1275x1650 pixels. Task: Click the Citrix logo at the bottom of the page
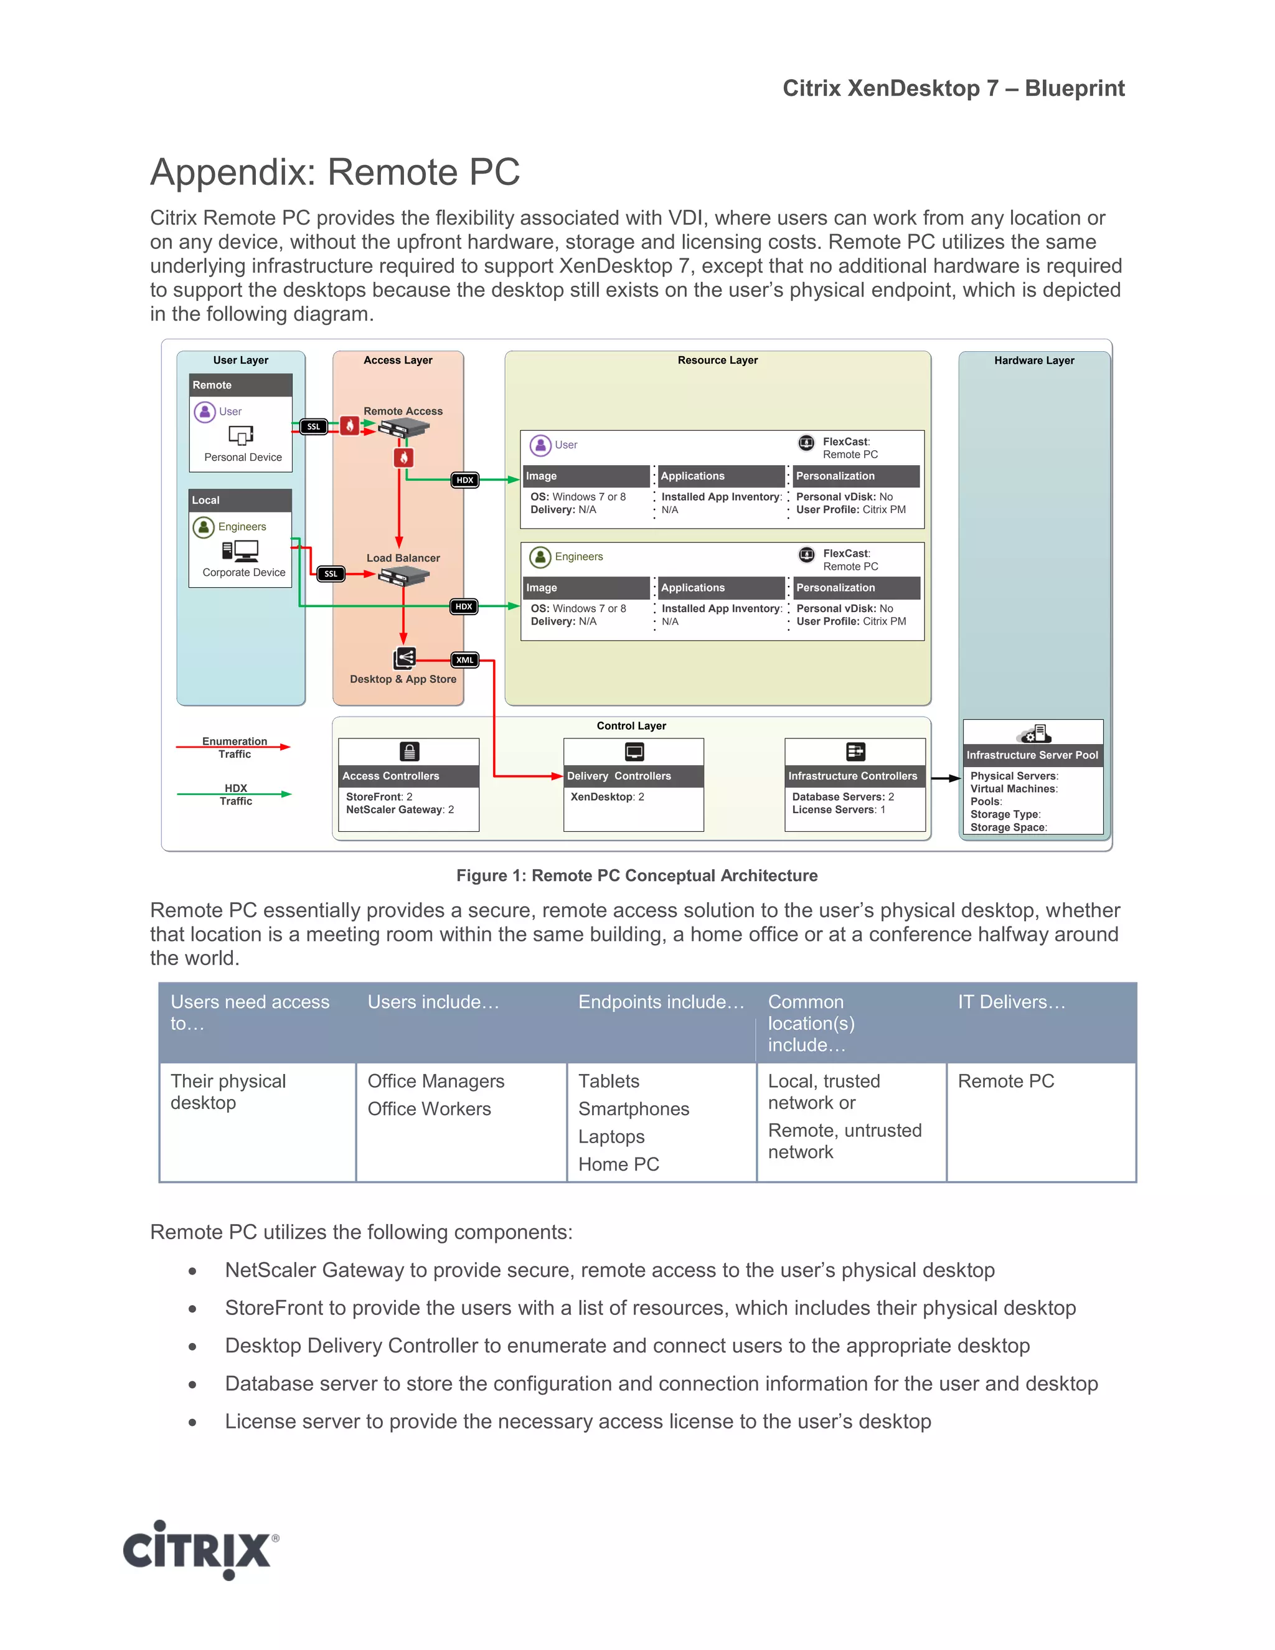200,1550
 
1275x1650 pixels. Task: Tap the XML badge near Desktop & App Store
464,660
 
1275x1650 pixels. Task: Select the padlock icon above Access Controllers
408,752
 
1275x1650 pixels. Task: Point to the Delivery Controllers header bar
633,776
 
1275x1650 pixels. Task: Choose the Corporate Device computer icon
241,552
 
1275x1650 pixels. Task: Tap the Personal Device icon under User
241,435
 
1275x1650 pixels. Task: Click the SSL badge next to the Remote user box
314,427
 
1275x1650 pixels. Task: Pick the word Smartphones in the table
634,1109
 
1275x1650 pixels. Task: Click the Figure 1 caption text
637,875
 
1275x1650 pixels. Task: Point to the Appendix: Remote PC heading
334,172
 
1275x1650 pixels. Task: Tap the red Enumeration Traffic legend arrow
233,747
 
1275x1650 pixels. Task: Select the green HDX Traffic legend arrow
233,794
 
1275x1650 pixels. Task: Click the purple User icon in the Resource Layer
540,446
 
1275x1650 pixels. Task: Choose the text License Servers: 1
839,810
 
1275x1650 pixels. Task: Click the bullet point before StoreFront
192,1309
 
